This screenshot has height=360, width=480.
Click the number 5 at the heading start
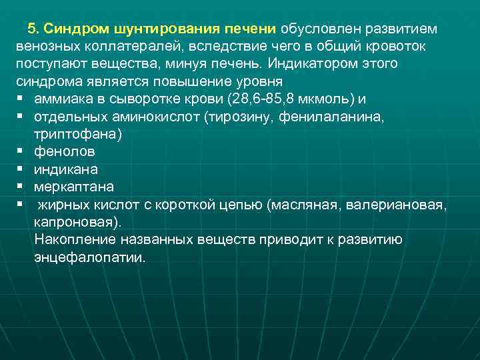(31, 30)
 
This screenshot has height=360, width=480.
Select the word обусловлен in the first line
(313, 30)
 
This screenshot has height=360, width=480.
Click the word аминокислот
(160, 117)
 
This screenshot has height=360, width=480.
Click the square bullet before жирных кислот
(21, 203)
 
